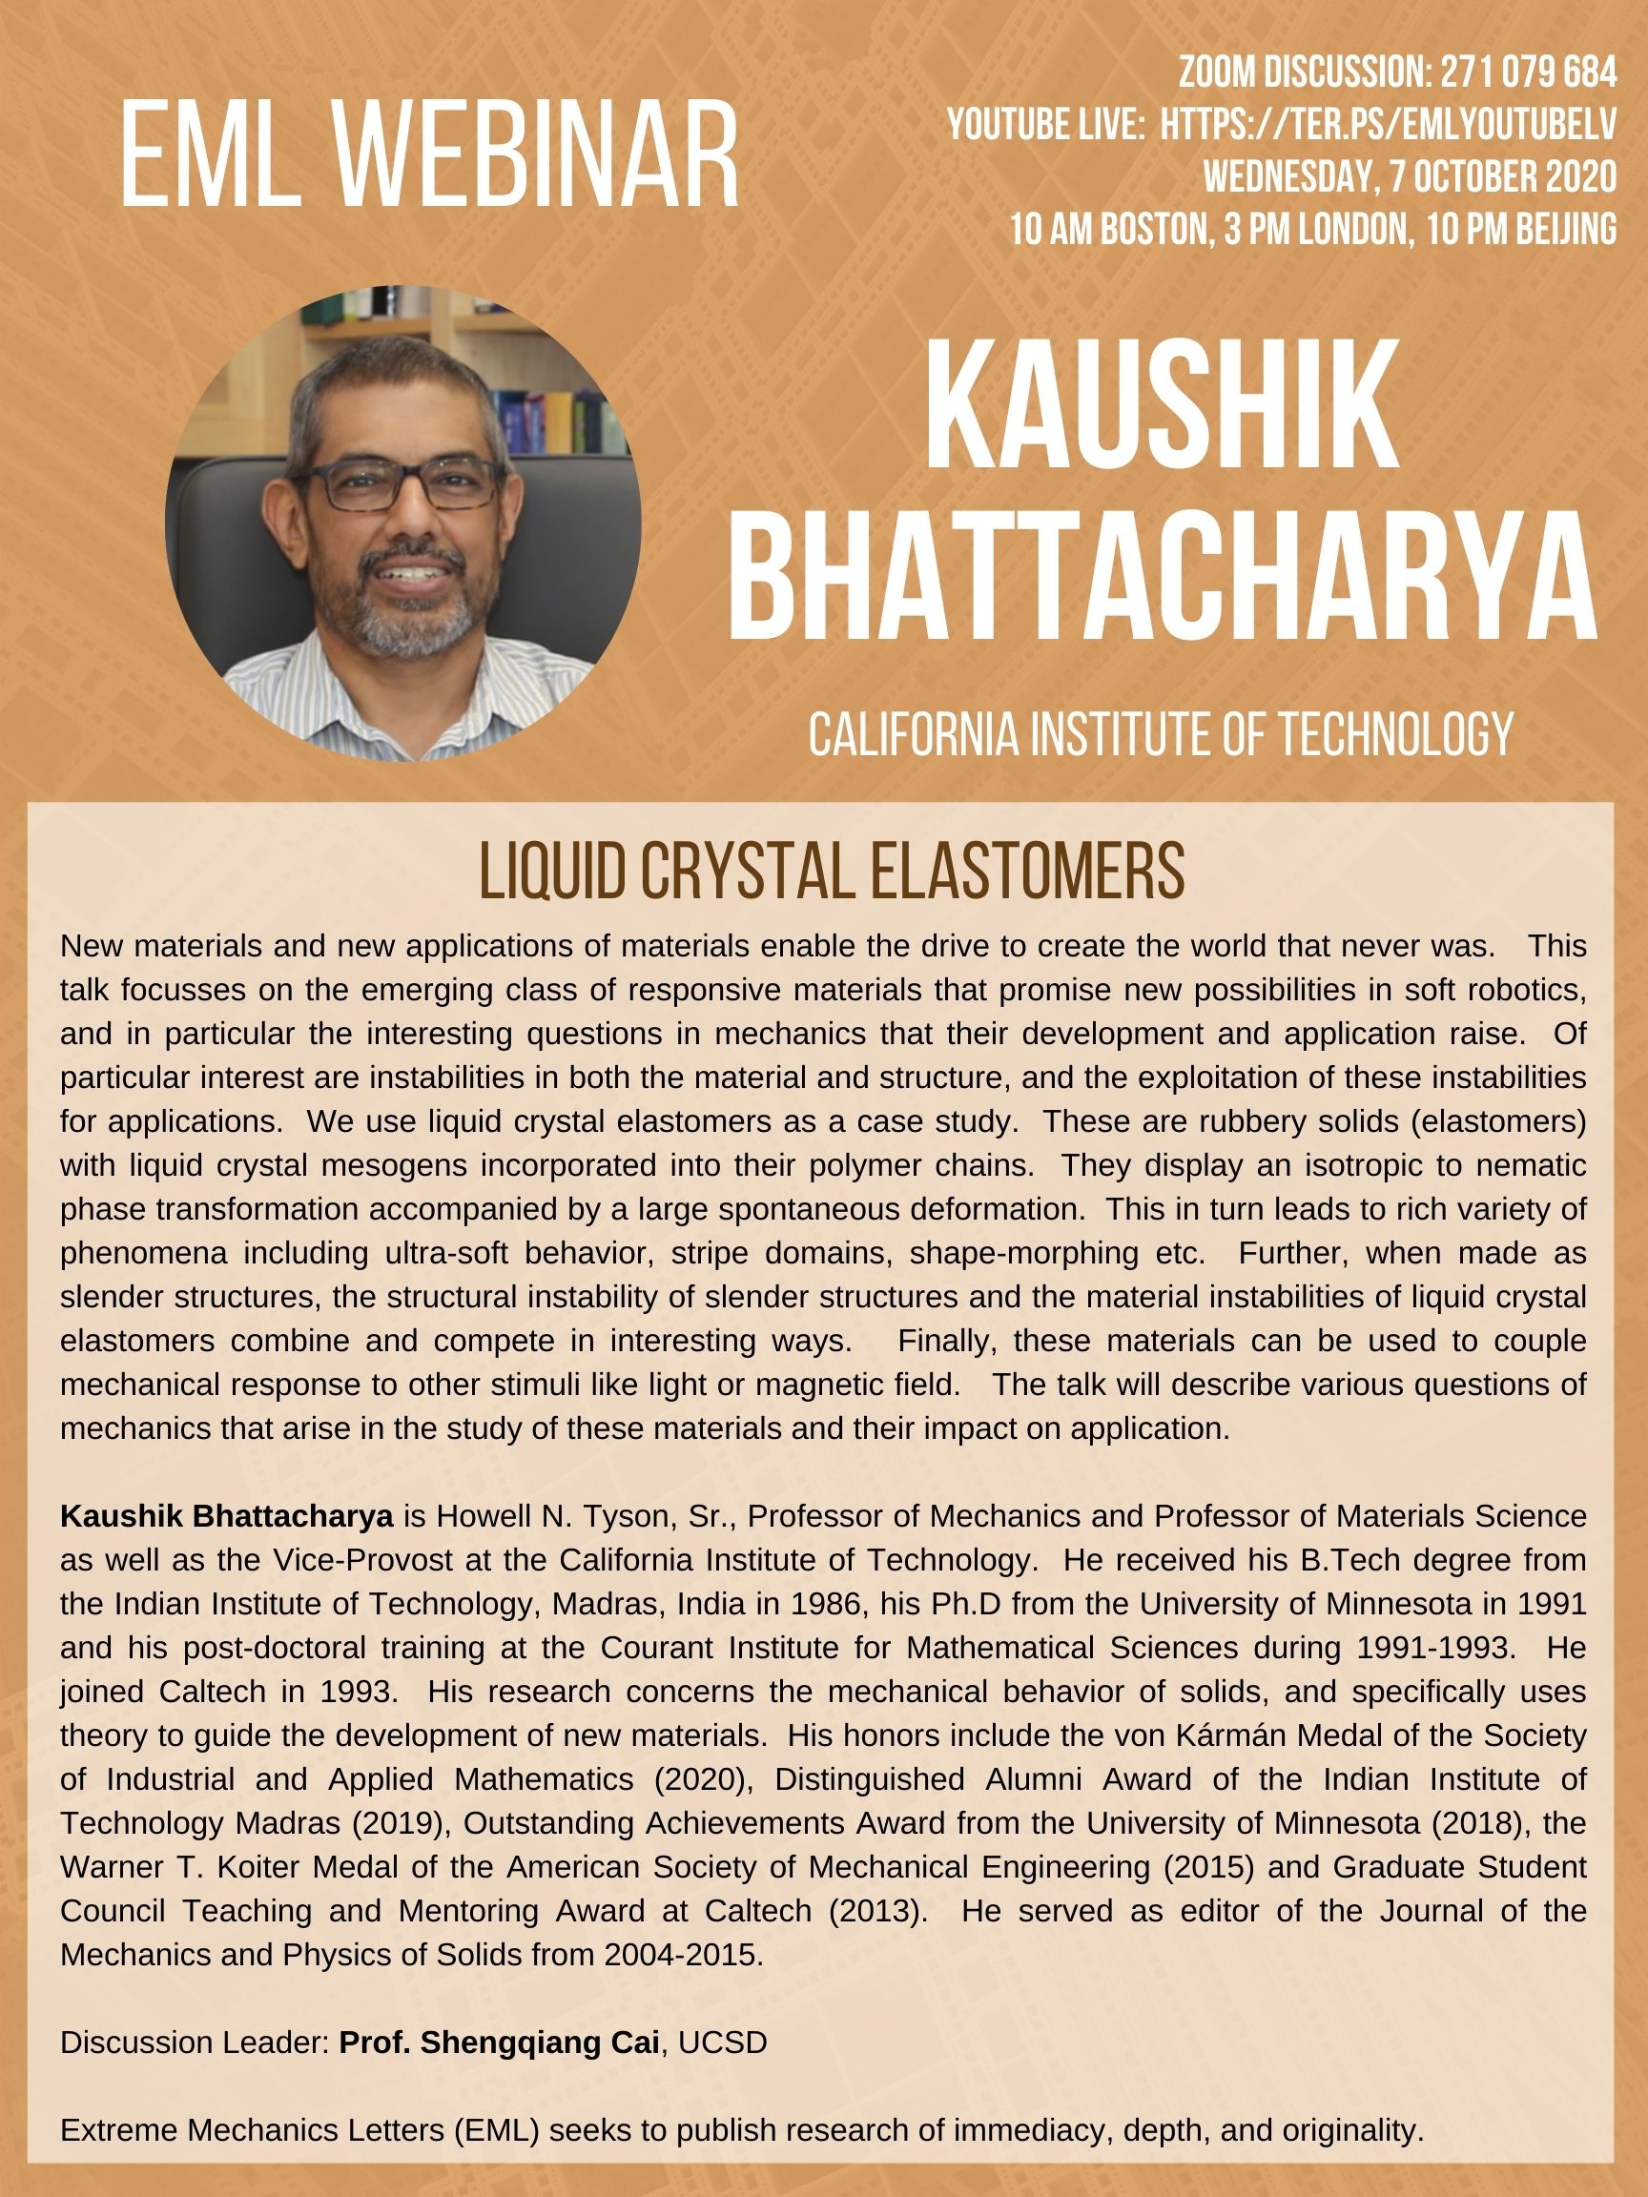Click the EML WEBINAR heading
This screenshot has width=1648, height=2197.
tap(429, 158)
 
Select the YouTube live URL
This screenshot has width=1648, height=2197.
tap(1388, 125)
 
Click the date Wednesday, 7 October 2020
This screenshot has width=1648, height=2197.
tap(1410, 176)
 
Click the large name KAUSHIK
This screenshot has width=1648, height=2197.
tap(1162, 407)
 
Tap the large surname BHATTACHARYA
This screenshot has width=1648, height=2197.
tap(1162, 576)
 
